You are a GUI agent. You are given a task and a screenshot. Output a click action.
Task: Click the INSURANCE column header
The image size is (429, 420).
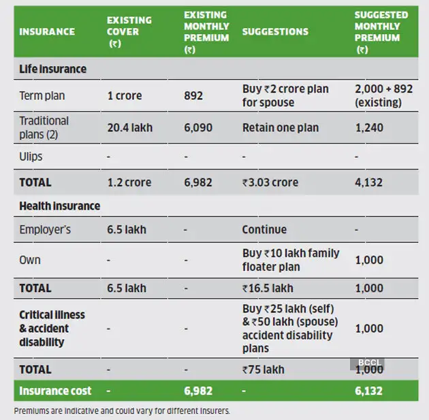coord(47,31)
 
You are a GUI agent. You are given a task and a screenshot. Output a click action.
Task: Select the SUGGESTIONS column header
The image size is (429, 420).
coord(275,31)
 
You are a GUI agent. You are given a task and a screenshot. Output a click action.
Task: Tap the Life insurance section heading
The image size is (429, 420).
coord(52,69)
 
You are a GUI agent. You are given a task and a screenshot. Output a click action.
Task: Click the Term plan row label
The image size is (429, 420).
coord(42,96)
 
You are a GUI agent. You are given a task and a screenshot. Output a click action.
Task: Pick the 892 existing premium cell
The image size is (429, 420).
coord(193,96)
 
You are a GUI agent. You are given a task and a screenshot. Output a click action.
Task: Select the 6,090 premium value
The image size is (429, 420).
coord(198,127)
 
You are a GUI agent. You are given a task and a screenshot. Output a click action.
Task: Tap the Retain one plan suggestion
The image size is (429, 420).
coord(280,127)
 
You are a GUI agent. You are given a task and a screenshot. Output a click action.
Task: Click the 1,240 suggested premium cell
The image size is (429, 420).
coord(369,127)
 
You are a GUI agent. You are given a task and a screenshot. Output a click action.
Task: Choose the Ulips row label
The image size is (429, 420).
coord(31,157)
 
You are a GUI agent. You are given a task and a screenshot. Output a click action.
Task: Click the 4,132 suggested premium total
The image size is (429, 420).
coord(369,182)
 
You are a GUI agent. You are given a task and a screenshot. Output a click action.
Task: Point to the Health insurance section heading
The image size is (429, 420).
coord(59,206)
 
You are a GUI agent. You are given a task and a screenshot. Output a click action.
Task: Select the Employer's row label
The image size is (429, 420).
coord(45,229)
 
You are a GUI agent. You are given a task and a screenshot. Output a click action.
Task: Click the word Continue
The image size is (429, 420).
coord(264,229)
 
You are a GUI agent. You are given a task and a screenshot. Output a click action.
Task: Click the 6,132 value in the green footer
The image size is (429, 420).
coord(368,391)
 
